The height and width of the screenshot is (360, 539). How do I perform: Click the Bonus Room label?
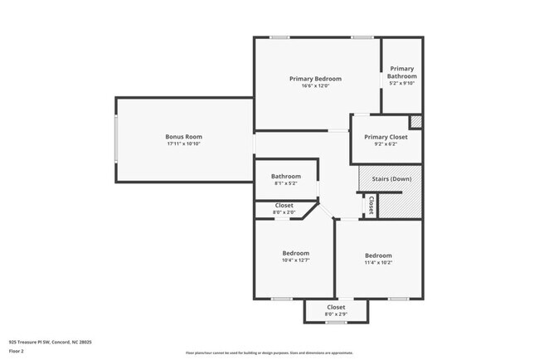[183, 136]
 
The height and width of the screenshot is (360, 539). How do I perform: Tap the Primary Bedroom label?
[315, 79]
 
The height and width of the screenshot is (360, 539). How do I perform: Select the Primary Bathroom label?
[401, 72]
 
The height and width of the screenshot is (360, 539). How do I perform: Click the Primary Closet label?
[386, 137]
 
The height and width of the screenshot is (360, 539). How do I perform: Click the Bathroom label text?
[285, 176]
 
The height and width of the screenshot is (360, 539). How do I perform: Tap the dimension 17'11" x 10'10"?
[183, 144]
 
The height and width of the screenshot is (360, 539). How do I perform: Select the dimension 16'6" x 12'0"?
[315, 86]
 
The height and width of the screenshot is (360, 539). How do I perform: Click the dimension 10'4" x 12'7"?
[295, 260]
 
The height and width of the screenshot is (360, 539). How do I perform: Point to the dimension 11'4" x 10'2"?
[378, 262]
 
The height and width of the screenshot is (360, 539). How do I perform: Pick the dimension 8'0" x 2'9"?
[336, 314]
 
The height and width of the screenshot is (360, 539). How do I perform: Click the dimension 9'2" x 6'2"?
[386, 144]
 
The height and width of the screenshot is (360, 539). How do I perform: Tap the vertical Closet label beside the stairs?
[371, 204]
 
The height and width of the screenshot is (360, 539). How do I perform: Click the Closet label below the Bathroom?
[284, 205]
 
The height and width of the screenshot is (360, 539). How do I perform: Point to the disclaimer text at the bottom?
[269, 352]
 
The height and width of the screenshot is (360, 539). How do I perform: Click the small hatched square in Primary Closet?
[416, 122]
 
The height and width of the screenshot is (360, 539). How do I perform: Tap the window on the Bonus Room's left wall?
[116, 140]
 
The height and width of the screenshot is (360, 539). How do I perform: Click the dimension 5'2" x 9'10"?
[401, 83]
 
